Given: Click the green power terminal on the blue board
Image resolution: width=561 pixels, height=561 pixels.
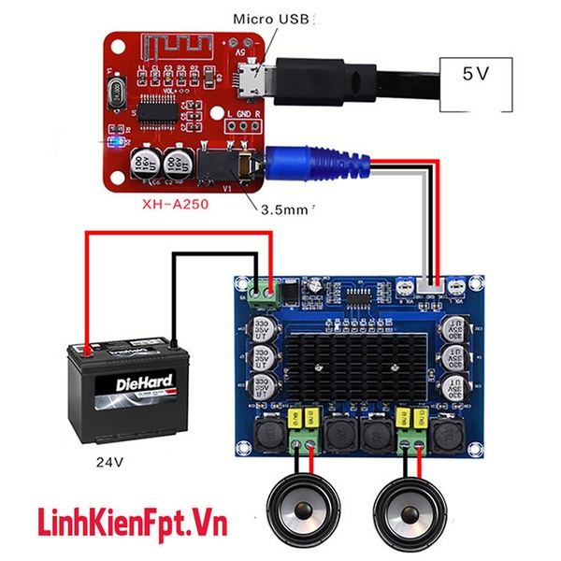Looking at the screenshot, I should [x=264, y=291].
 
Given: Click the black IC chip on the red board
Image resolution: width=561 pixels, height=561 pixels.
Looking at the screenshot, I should [x=164, y=107].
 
